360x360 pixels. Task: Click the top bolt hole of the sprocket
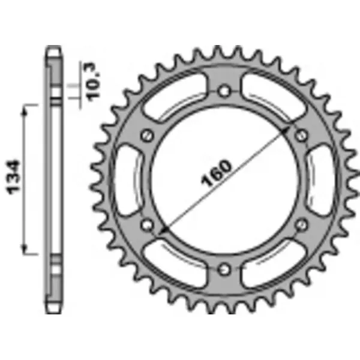(224, 91)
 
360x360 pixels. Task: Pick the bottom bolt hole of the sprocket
(224, 268)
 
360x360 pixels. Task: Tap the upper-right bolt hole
(300, 135)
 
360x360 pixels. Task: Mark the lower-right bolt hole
(301, 223)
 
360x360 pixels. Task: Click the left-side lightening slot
(127, 179)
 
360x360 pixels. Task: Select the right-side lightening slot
(321, 179)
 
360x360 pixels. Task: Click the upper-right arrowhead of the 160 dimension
(292, 127)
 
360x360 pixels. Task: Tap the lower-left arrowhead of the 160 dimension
(157, 232)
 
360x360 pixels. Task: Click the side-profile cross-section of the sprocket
(55, 180)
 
